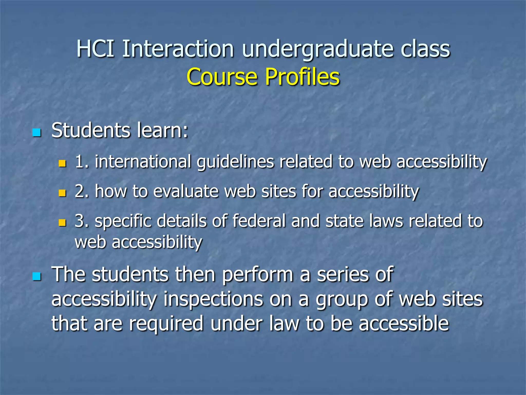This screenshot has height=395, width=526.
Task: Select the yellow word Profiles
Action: coord(302,77)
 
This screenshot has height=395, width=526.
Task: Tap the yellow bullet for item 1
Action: coord(62,163)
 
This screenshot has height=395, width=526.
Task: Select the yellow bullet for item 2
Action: coord(62,193)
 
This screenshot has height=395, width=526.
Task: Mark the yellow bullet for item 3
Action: coord(62,222)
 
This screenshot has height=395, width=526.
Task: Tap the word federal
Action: coord(259,221)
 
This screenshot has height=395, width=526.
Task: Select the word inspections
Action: coord(213,300)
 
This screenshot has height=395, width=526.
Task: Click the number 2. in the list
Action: coord(82,192)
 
